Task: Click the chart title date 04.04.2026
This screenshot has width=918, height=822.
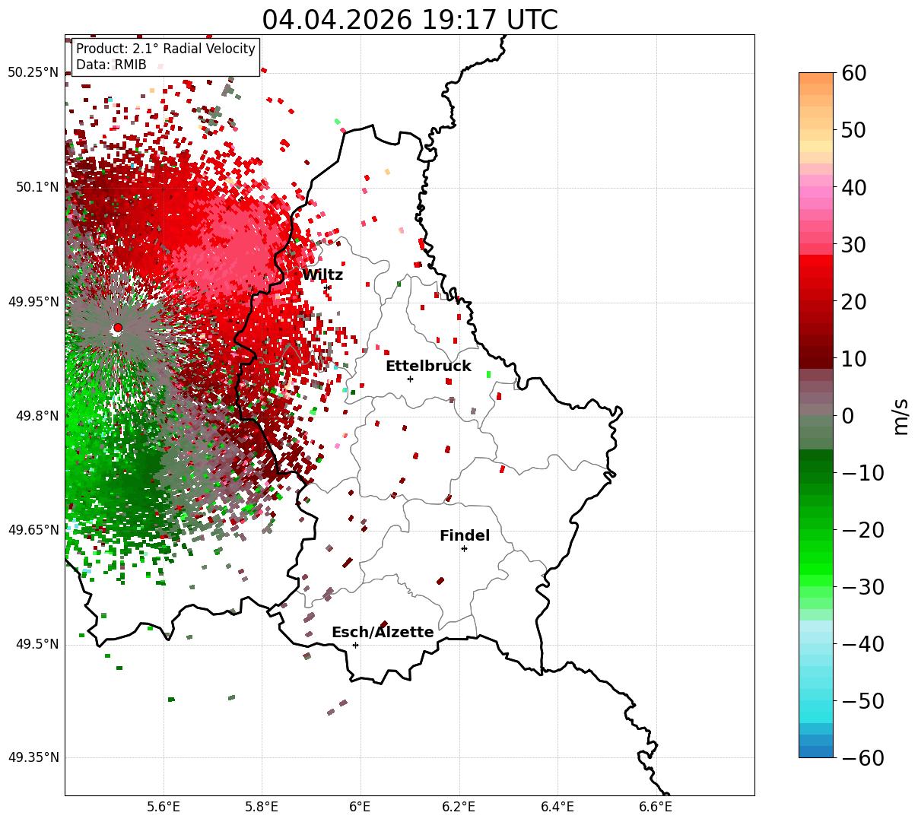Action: [337, 20]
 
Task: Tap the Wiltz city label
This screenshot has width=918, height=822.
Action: [322, 275]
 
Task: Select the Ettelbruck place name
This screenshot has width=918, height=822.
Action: [428, 366]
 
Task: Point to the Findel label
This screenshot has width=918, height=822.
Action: [465, 535]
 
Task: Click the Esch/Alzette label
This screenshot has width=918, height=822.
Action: [383, 632]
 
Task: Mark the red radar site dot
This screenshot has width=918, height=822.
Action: [118, 327]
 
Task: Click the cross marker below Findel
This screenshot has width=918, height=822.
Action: [464, 549]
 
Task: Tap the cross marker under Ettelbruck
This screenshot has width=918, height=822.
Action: [410, 379]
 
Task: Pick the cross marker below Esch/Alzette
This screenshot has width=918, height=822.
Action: [355, 645]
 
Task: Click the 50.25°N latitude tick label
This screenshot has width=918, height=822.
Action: [33, 72]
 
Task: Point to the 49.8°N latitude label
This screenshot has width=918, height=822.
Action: [37, 415]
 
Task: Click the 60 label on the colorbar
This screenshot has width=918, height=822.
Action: [853, 73]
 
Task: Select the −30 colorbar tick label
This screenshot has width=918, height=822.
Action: [862, 587]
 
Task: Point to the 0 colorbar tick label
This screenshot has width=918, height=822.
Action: [848, 416]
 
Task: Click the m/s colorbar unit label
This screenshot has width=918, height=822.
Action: [901, 417]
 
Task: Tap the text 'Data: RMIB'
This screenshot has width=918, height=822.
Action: [111, 65]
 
